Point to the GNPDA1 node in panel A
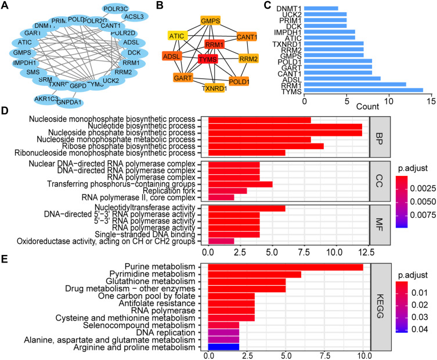[x=70, y=102]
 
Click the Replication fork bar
[x=227, y=190]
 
